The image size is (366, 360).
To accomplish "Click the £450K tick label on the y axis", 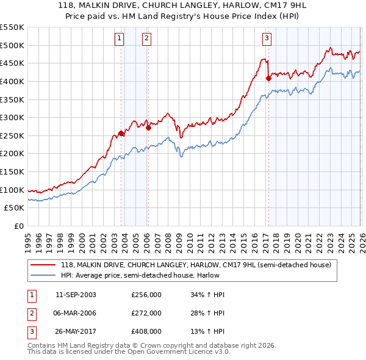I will click(x=12, y=63).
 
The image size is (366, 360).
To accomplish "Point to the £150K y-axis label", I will click(x=12, y=171).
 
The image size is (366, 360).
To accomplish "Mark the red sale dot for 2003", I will click(x=121, y=134).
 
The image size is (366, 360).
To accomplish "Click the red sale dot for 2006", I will click(x=148, y=128).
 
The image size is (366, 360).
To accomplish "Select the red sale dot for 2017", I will click(x=268, y=78).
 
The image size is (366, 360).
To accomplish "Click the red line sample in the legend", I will click(x=43, y=265).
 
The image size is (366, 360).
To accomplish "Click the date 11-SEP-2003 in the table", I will click(x=76, y=295).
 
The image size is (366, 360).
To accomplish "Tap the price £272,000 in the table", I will click(x=146, y=313).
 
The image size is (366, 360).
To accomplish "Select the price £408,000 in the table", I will click(x=146, y=331).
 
